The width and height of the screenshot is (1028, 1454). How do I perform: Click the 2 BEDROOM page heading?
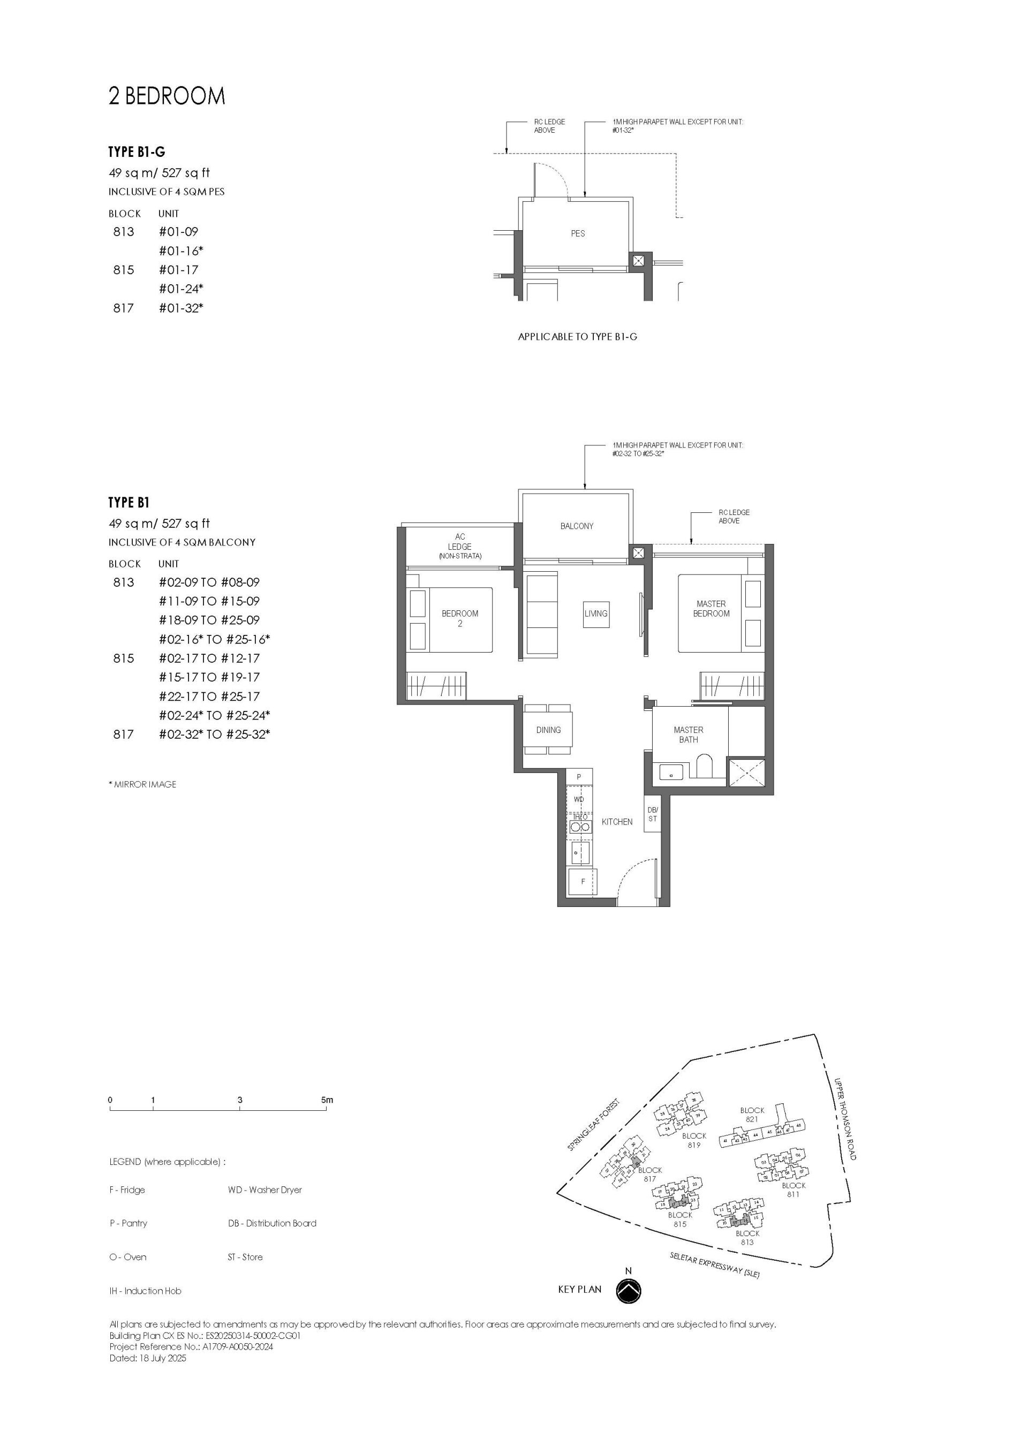[167, 96]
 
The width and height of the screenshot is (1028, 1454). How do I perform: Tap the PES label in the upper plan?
[578, 233]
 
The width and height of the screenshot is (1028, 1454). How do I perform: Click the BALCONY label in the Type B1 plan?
[577, 526]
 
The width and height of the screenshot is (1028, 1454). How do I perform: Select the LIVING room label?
[595, 614]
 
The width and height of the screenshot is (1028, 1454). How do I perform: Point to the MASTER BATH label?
[688, 734]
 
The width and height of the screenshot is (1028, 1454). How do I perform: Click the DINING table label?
[548, 730]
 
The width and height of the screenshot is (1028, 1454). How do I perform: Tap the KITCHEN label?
[616, 822]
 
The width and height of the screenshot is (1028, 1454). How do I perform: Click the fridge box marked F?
[582, 882]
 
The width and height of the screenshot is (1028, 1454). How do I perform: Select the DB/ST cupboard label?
[652, 814]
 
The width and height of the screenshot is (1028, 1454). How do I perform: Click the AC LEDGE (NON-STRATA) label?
[459, 546]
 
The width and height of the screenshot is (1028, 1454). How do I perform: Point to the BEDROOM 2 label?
[460, 618]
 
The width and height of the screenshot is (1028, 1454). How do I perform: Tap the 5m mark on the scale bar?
[327, 1100]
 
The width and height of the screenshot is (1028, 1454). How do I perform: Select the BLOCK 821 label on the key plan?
[752, 1115]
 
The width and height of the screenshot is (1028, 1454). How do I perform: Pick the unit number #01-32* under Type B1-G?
[180, 308]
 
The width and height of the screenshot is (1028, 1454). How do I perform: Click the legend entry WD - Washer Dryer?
[264, 1190]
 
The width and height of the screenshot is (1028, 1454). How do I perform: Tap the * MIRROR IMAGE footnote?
[142, 784]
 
